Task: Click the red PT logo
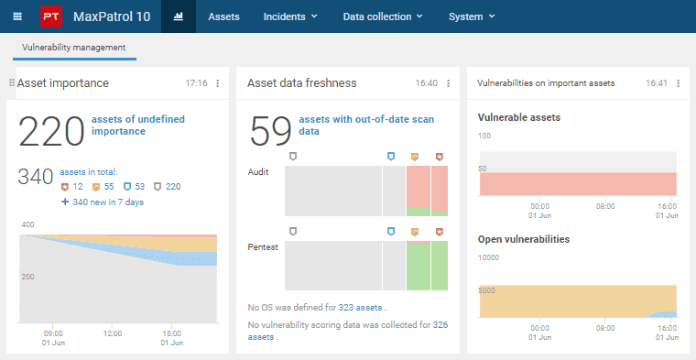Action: (x=51, y=16)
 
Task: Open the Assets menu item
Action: (x=223, y=16)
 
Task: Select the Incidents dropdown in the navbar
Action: (x=290, y=16)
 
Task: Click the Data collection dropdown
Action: (x=383, y=16)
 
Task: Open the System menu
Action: (x=472, y=16)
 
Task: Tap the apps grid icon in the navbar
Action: (x=17, y=16)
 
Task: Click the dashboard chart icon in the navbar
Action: (x=179, y=16)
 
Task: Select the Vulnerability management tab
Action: (x=73, y=48)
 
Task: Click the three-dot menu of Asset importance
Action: (x=218, y=83)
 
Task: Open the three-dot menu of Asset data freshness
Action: (x=449, y=83)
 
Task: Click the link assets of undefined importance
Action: (x=138, y=125)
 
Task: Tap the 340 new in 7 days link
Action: (x=103, y=202)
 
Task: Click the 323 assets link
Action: (x=360, y=307)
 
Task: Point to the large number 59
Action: (x=271, y=131)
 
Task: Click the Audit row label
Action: (x=258, y=172)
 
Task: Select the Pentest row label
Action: (x=263, y=247)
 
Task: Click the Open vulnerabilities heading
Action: (x=524, y=239)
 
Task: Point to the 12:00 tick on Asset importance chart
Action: (x=113, y=333)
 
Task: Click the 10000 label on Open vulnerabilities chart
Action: (x=488, y=257)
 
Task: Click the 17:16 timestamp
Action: (x=196, y=83)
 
